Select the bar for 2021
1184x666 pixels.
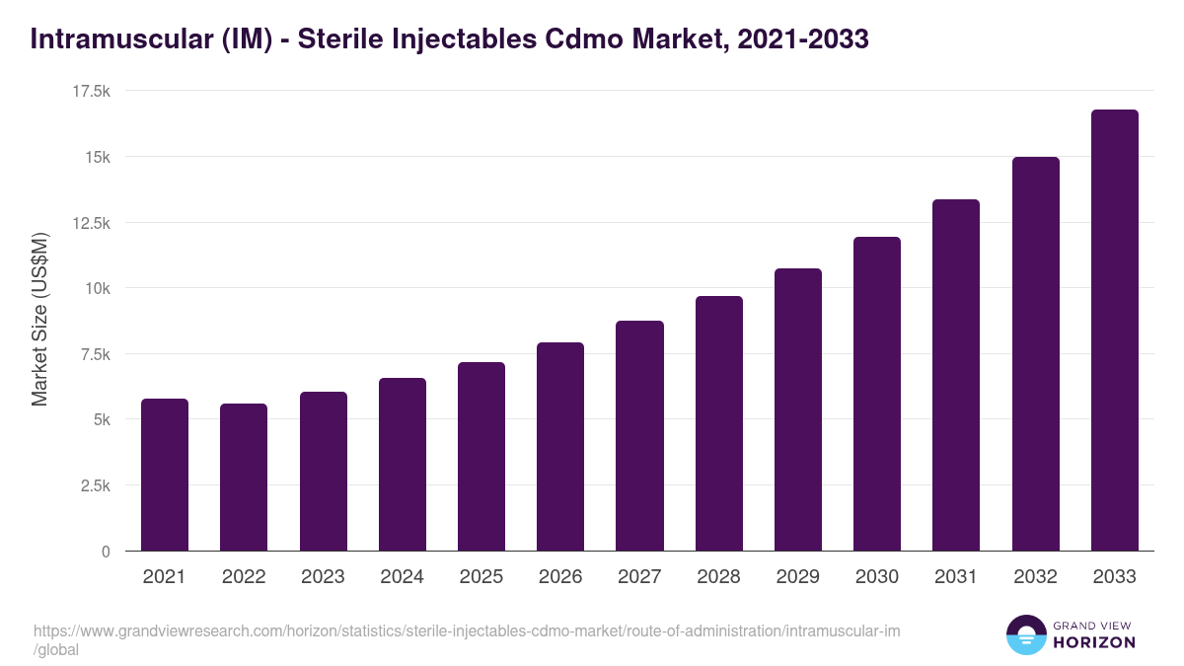pos(165,475)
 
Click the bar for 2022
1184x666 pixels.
pos(244,478)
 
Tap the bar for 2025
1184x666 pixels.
pos(481,457)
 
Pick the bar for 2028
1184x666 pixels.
pos(718,423)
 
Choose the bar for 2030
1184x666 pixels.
pos(877,394)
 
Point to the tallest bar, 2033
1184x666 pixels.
pos(1114,331)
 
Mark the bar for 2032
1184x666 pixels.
pos(1035,354)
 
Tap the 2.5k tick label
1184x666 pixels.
pos(95,485)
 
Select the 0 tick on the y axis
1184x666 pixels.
pos(105,552)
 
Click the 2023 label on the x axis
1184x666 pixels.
pos(323,577)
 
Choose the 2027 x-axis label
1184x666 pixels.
pos(639,577)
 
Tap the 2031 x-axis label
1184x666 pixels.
pos(956,577)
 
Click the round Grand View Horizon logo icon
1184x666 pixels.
pos(1026,634)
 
